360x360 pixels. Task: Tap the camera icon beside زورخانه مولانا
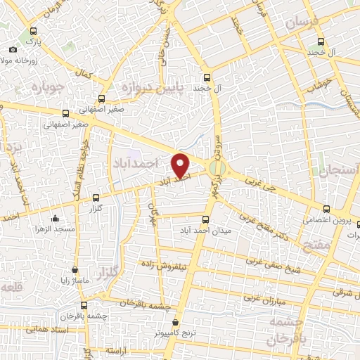pyautogui.click(x=13, y=50)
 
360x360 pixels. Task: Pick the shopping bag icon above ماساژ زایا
pyautogui.click(x=75, y=269)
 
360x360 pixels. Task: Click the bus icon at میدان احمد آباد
pyautogui.click(x=206, y=219)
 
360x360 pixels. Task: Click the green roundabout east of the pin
pyautogui.click(x=219, y=168)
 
